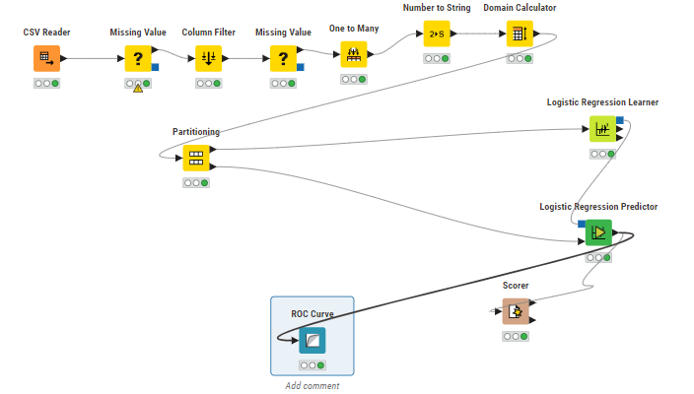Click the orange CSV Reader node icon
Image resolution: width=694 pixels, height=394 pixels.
45,59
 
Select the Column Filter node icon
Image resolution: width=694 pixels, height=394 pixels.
209,59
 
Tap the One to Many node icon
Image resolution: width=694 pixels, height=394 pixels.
354,55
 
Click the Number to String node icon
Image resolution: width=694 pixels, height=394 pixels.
437,34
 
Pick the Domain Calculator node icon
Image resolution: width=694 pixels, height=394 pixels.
520,34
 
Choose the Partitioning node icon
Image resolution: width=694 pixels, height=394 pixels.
195,158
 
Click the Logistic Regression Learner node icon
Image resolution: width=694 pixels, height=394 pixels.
602,129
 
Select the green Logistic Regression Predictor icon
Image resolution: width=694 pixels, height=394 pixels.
597,233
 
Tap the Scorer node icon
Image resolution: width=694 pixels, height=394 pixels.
515,311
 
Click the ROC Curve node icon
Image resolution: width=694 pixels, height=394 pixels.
312,341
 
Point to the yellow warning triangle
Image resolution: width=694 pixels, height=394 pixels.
138,90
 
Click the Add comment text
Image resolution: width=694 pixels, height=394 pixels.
312,385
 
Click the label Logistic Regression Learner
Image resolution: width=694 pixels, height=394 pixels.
602,102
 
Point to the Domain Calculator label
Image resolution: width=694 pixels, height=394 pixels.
520,8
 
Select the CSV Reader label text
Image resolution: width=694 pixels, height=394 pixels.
45,33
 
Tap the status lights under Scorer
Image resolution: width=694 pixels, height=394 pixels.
515,336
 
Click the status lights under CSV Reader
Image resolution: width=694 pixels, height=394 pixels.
45,84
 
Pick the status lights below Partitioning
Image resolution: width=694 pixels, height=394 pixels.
195,182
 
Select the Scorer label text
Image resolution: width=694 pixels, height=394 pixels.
515,286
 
